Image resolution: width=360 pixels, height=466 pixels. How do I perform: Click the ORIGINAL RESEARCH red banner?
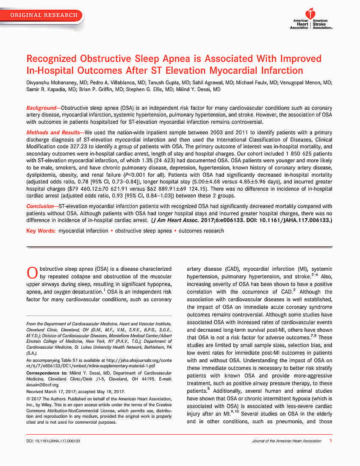pyautogui.click(x=44, y=15)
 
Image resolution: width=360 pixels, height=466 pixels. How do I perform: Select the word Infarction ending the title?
pyautogui.click(x=282, y=70)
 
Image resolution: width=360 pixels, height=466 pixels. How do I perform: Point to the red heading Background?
pyautogui.click(x=41, y=108)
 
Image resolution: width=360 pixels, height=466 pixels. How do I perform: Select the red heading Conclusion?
pyautogui.click(x=40, y=205)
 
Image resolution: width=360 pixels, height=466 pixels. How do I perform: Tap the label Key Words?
pyautogui.click(x=41, y=231)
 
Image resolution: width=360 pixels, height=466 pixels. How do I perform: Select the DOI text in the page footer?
pyautogui.click(x=53, y=441)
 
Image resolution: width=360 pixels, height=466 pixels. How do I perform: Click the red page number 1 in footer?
pyautogui.click(x=330, y=441)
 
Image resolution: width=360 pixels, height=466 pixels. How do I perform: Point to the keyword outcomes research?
pyautogui.click(x=201, y=231)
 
